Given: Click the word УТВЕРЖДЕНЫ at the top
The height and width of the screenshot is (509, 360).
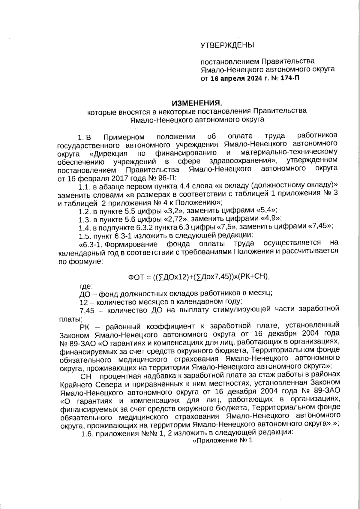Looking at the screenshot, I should coord(227,45).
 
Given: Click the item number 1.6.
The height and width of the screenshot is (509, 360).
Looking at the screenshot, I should coord(88,433).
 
